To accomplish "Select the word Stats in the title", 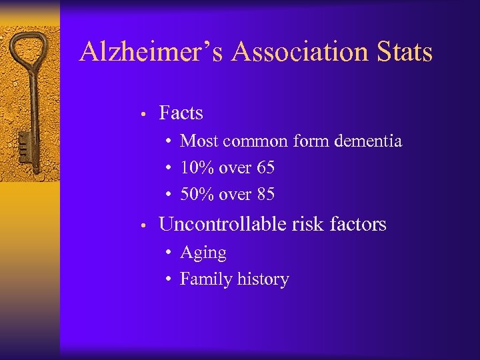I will click(x=405, y=51).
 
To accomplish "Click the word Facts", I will click(x=181, y=113).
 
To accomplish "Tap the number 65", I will click(x=264, y=168).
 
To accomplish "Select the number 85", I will click(x=264, y=195).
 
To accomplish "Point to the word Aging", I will click(x=203, y=253).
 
